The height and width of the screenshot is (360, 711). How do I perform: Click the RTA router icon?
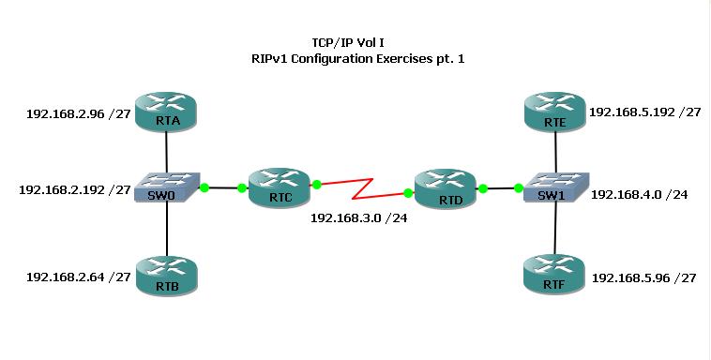pos(166,112)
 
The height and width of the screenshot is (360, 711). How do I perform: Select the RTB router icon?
pos(166,273)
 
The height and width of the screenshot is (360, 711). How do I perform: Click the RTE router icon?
pos(555,112)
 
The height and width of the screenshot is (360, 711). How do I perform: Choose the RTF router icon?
pos(555,273)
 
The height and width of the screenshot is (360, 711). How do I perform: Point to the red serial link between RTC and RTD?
pos(362,188)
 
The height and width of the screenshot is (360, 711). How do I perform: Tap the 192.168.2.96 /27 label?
pos(76,116)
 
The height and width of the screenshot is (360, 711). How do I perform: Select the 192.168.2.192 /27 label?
pos(74,189)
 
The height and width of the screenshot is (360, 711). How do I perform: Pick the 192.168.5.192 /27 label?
pos(644,112)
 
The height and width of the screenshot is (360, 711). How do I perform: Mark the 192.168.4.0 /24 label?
pos(640,194)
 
